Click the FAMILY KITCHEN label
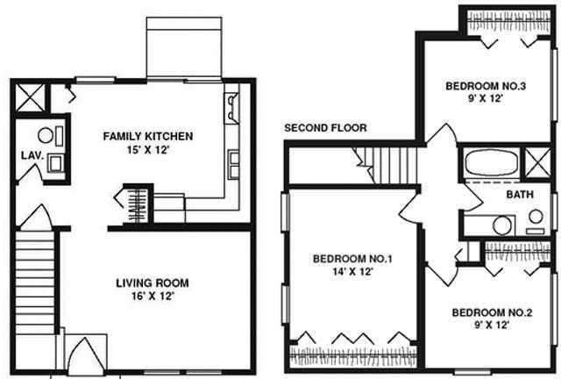tap(148, 137)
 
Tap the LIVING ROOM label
tap(153, 283)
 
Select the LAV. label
tap(32, 155)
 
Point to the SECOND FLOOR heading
tap(325, 128)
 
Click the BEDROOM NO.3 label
tap(486, 86)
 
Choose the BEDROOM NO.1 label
tap(352, 259)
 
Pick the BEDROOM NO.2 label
tap(492, 312)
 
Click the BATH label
tap(520, 195)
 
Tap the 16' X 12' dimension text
tap(153, 297)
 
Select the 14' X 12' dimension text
tap(352, 272)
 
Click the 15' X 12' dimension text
tap(147, 150)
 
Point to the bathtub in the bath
tap(492, 163)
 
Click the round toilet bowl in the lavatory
tap(46, 135)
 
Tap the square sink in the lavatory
tap(55, 163)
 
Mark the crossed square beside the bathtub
tap(537, 162)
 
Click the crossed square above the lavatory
tap(31, 97)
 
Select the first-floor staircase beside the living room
tap(35, 283)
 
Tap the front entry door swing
tap(86, 354)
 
